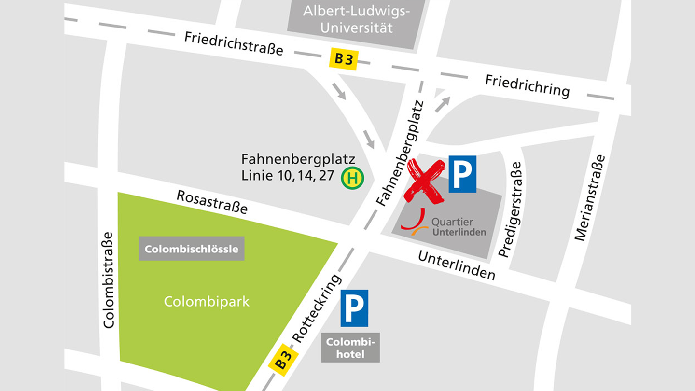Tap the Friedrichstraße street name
(x=233, y=44)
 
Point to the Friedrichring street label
(x=527, y=86)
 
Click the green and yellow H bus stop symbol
(x=352, y=178)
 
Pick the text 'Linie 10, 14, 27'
(x=288, y=175)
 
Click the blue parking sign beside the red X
(x=462, y=174)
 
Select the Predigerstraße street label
(x=511, y=209)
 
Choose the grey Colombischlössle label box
(x=192, y=249)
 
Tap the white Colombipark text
(x=207, y=302)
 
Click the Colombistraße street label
(x=108, y=280)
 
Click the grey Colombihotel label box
(x=350, y=348)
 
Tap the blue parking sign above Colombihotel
(x=354, y=308)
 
